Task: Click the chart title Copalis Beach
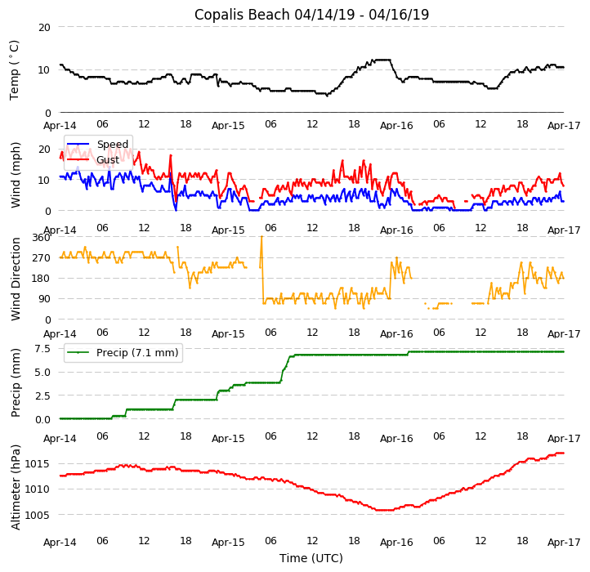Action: coord(311,15)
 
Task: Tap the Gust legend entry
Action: coord(109,159)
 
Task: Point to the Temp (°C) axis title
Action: coord(15,70)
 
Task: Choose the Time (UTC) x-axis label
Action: coord(311,558)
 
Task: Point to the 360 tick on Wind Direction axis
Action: coord(41,238)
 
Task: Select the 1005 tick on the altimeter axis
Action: coord(38,516)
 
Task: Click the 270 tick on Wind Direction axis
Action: coord(41,258)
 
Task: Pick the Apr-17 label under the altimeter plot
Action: coord(564,542)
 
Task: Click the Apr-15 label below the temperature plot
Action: coord(228,127)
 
